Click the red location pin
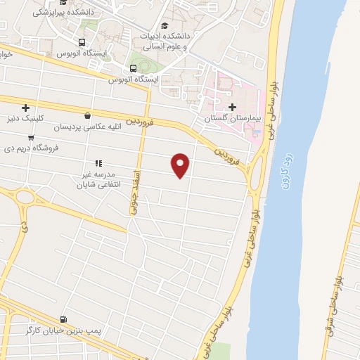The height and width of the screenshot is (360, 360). (181, 165)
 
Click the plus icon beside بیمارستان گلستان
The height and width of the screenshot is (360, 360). (232, 108)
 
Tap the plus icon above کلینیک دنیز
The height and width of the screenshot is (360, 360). (25, 108)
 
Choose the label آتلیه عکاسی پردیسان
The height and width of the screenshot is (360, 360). (84, 127)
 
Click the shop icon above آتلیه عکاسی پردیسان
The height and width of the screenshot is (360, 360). (86, 117)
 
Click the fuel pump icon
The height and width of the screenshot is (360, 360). (65, 319)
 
